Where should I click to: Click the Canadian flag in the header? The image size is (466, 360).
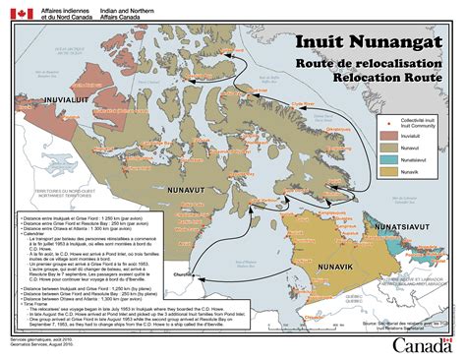coord(18,14)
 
